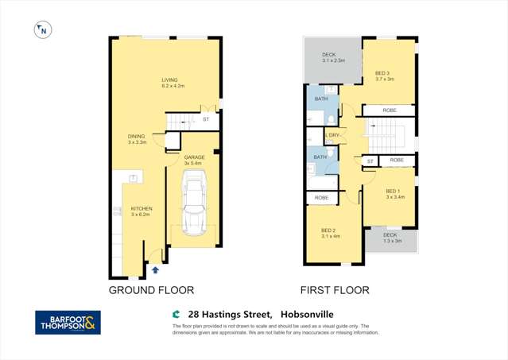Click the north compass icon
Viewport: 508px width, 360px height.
click(x=43, y=31)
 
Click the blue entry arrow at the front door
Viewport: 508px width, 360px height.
click(x=155, y=272)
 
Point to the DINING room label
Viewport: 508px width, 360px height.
click(x=136, y=137)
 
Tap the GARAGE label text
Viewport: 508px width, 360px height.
click(x=194, y=157)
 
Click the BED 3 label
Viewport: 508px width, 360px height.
click(x=382, y=74)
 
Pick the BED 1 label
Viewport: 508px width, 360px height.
click(x=393, y=191)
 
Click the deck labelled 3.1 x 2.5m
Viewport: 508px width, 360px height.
click(x=332, y=57)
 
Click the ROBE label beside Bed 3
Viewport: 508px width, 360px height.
click(x=390, y=110)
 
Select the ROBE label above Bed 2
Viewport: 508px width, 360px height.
click(x=321, y=198)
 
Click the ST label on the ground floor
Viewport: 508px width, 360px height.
click(x=205, y=119)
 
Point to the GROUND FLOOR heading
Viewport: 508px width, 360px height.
click(x=151, y=291)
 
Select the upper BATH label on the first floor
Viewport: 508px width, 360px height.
click(x=321, y=99)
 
